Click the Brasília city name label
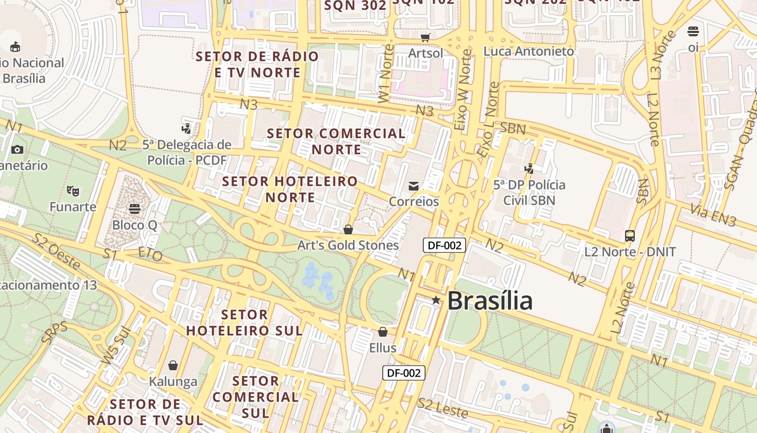(490, 300)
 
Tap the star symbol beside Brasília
(436, 300)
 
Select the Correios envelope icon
(414, 186)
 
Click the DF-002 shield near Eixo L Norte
(444, 245)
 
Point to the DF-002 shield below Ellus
(404, 373)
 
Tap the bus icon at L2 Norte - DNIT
(630, 236)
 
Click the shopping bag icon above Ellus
(383, 332)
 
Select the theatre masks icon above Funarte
(73, 191)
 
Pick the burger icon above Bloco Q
(135, 208)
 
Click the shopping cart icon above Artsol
(426, 37)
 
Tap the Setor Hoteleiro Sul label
(244, 323)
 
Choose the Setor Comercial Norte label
(336, 141)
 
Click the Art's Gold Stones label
(348, 245)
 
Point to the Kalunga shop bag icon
(173, 366)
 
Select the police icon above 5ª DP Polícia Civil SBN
(529, 168)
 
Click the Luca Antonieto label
(529, 51)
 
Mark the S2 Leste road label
(443, 408)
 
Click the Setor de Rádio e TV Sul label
(145, 412)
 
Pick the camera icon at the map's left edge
(17, 149)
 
